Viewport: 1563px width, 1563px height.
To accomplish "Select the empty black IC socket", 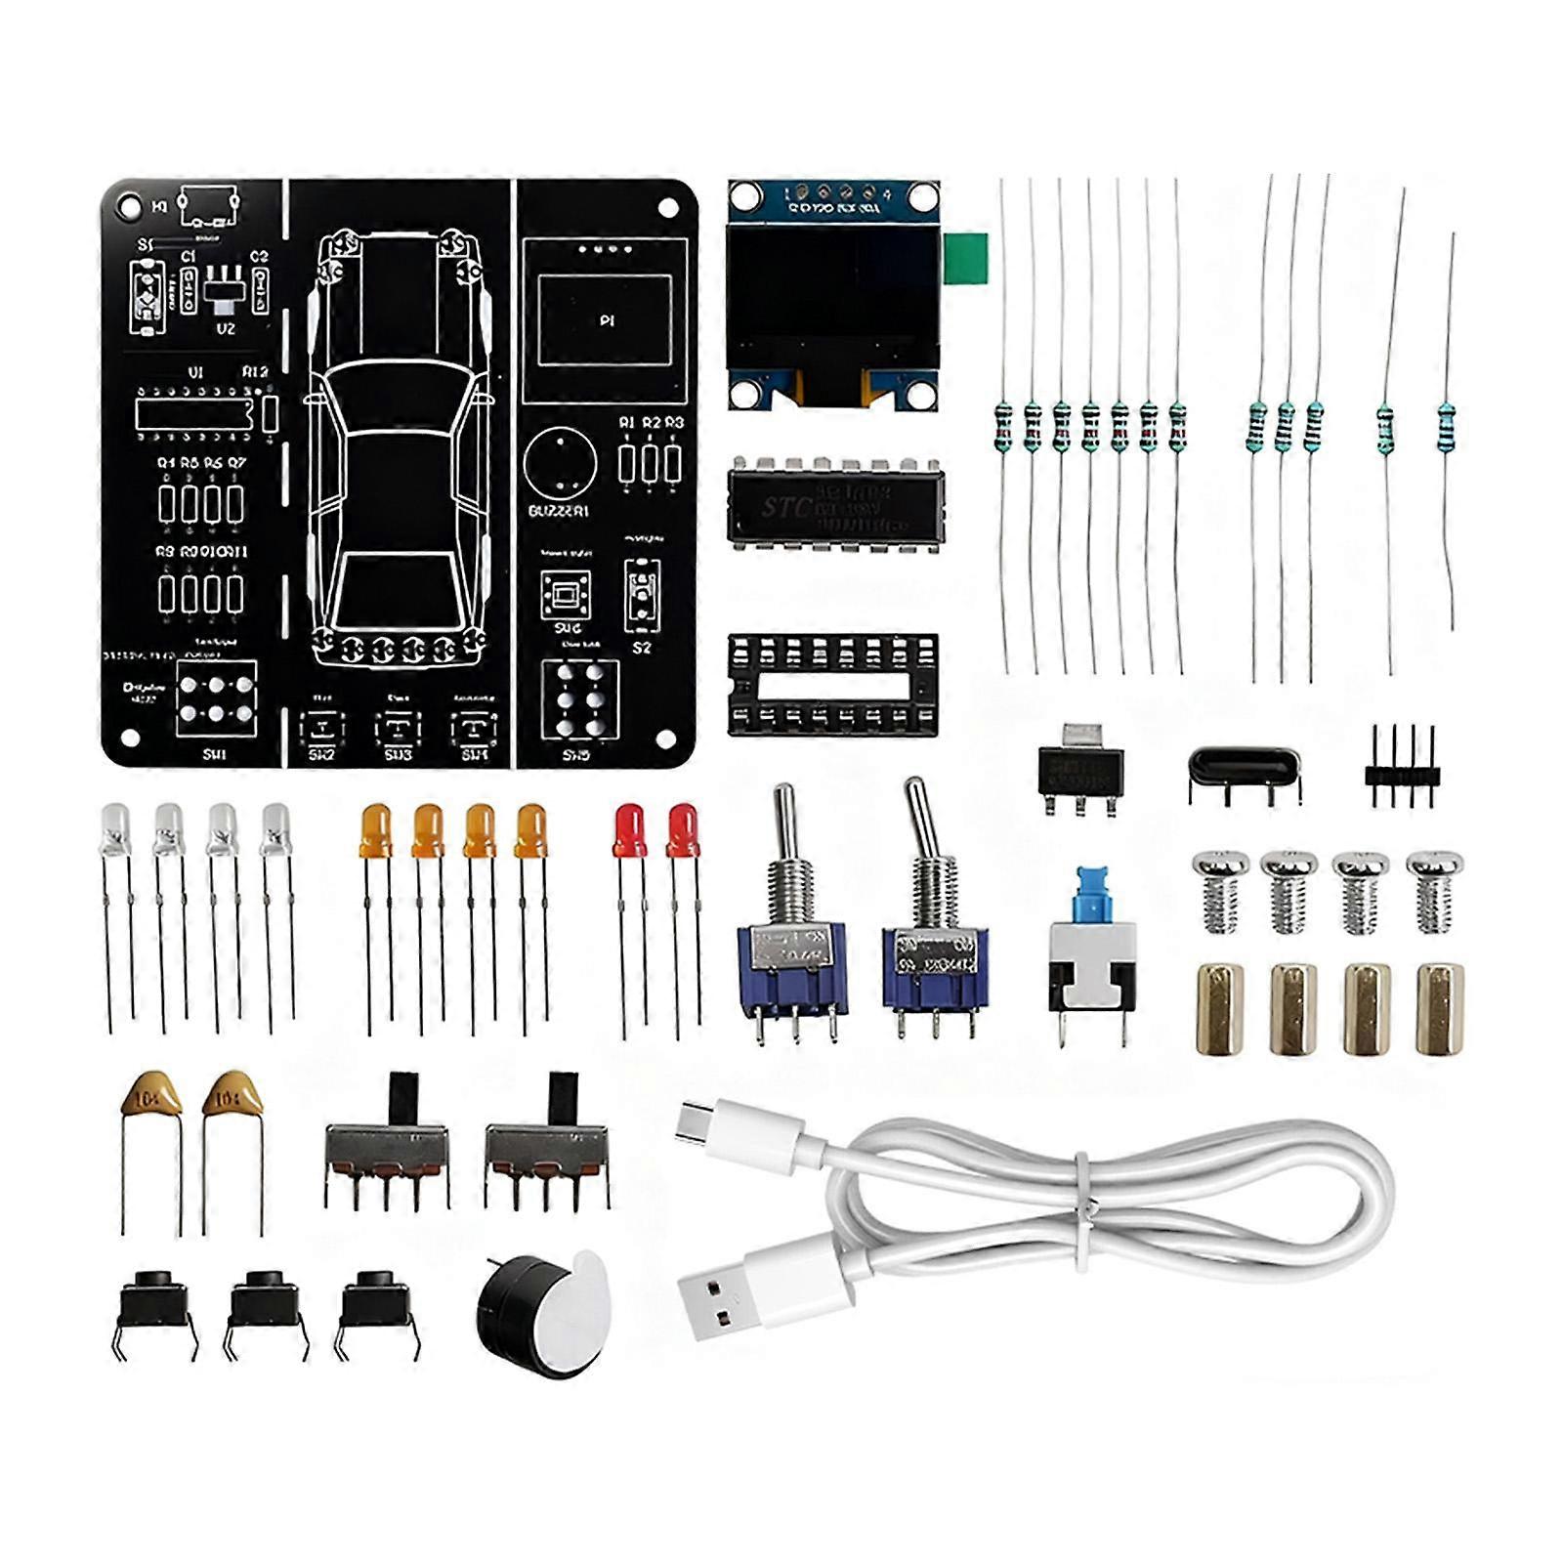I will pos(833,684).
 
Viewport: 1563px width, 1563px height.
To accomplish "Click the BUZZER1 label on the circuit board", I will pos(558,511).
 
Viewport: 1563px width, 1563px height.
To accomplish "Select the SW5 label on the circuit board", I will pos(576,754).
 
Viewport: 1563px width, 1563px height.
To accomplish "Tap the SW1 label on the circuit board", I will pos(215,754).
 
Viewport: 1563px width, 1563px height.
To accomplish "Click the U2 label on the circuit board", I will pos(226,329).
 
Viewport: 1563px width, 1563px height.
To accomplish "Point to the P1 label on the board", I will pos(607,320).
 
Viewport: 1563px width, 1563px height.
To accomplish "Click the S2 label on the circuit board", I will pos(642,648).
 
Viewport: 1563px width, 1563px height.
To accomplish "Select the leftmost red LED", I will pos(628,830).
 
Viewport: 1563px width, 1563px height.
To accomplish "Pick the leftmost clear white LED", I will pos(115,830).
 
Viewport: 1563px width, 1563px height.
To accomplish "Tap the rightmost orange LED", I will pos(531,830).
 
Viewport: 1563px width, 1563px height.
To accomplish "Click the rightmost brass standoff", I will pos(1440,1009).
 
